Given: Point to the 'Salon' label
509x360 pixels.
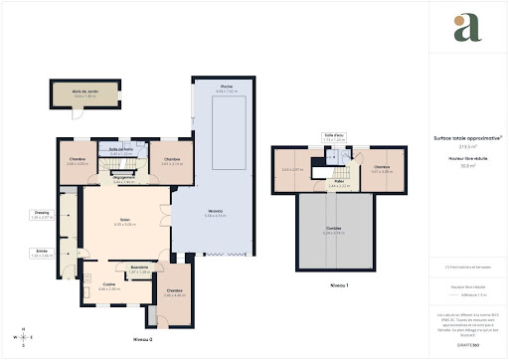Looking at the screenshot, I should [x=125, y=222].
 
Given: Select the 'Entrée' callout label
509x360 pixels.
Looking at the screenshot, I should [x=42, y=253].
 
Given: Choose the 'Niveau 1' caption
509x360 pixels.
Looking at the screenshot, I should [x=339, y=284].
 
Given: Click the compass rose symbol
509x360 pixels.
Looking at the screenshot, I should [x=21, y=336].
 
